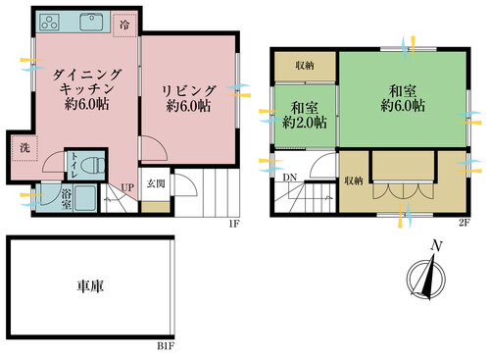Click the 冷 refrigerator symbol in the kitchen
(124, 26)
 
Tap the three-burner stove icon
(50, 23)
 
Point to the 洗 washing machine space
(24, 148)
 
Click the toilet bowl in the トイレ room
(97, 166)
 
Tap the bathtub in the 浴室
(85, 198)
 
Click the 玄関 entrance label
(156, 183)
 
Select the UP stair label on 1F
(127, 187)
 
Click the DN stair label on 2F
(290, 178)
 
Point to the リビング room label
(189, 90)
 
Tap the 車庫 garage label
(90, 286)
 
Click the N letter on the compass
(436, 246)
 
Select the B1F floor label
(166, 345)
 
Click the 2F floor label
(465, 223)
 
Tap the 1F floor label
(234, 224)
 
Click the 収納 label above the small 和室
(305, 66)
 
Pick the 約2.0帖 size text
(305, 123)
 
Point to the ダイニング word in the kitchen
(86, 75)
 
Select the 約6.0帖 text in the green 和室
(403, 106)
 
